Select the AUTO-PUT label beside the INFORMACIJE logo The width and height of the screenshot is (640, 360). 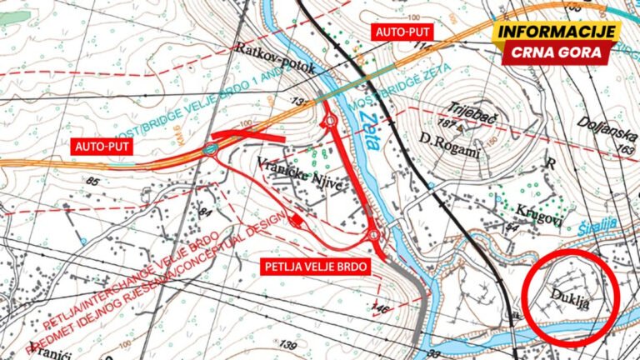(403, 32)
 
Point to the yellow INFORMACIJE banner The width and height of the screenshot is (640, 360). (557, 32)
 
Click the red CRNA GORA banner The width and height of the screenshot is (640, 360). (557, 52)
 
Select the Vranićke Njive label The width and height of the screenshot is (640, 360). (289, 163)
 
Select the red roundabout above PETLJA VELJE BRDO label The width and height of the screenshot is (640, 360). (374, 237)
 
